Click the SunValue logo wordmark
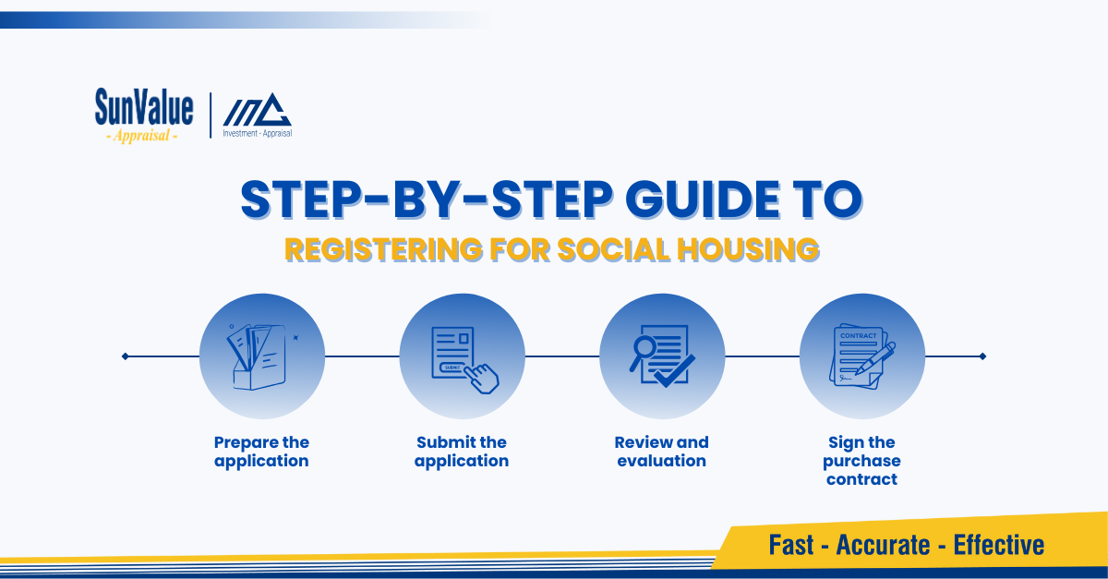[144, 107]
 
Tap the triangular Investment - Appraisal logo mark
[258, 109]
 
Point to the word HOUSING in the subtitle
[748, 249]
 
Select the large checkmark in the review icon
[675, 371]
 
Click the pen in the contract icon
[875, 357]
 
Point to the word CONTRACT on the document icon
[858, 335]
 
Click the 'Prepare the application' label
[261, 452]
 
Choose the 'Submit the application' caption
[462, 452]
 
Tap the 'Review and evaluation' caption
[662, 452]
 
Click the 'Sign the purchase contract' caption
[861, 461]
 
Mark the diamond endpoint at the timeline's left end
[126, 356]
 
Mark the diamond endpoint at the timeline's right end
[982, 356]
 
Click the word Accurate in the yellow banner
[883, 545]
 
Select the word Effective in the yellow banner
[999, 545]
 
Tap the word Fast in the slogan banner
[791, 545]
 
